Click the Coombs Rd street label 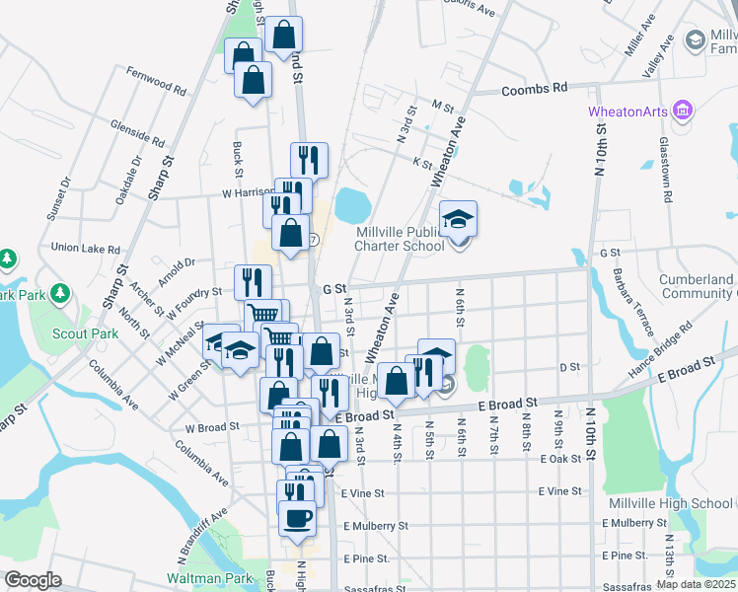click(534, 89)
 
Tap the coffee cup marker click(298, 517)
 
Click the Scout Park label click(86, 333)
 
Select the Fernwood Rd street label click(157, 81)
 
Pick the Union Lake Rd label click(85, 249)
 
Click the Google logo click(33, 580)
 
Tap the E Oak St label click(560, 459)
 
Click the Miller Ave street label click(640, 36)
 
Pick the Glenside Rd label click(138, 133)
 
